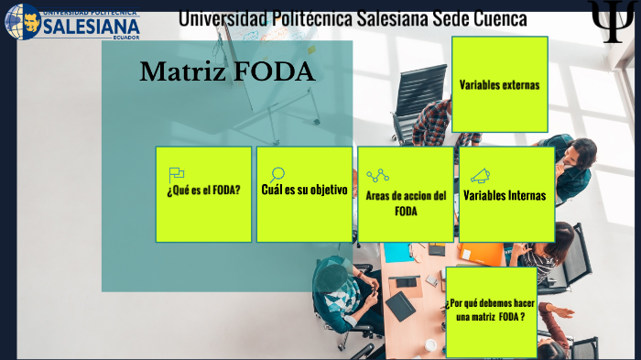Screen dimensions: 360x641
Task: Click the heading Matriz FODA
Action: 227,71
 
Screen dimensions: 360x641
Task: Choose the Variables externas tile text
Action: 499,85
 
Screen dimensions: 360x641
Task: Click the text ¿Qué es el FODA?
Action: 203,191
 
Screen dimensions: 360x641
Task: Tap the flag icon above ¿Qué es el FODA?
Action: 177,173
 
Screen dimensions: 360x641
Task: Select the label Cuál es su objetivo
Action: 304,191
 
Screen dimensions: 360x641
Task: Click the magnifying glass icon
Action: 277,174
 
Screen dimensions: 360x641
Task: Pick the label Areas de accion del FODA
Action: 406,203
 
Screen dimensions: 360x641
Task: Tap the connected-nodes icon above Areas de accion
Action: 377,175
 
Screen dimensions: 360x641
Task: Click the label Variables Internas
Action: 505,195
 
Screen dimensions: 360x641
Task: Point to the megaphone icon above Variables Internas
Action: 480,175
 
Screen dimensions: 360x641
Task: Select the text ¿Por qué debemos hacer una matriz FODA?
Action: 490,310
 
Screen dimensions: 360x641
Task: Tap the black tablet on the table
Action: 400,304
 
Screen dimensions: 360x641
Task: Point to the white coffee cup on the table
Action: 430,344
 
